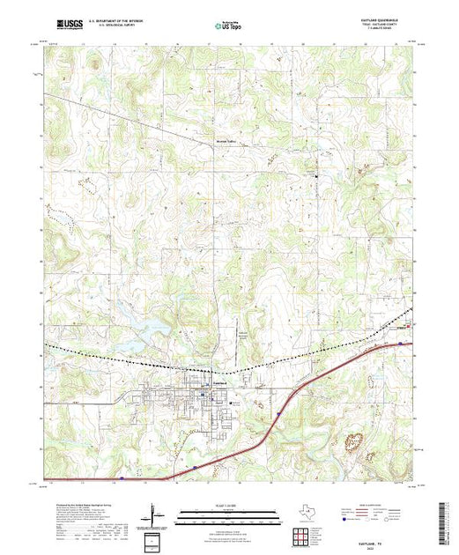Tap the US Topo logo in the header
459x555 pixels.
[229, 26]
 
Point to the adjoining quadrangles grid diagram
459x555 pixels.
[304, 533]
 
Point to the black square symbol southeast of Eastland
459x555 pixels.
[231, 402]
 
